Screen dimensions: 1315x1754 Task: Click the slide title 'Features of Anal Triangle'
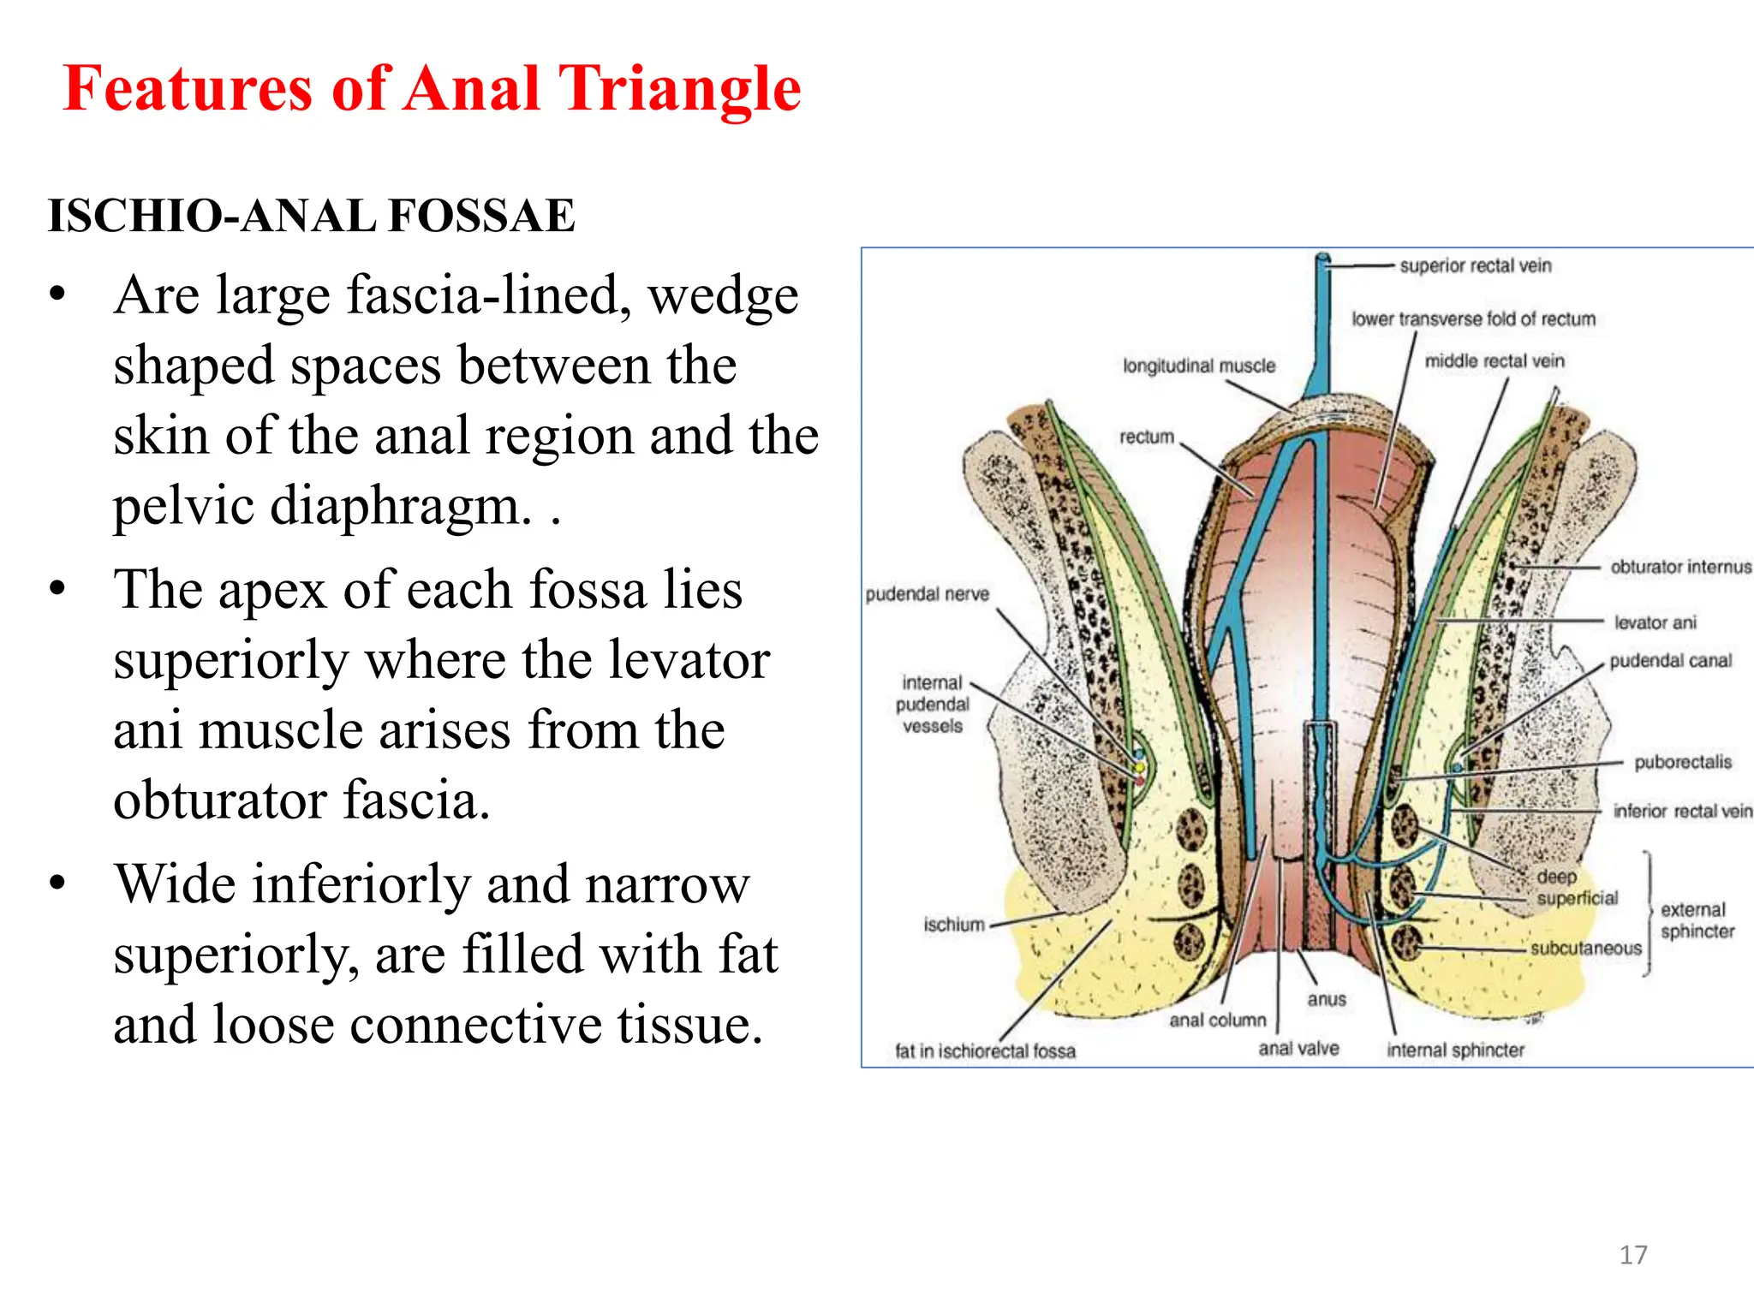click(x=432, y=89)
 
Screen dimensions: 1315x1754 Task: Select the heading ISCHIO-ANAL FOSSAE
click(x=312, y=215)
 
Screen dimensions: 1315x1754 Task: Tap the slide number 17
click(x=1633, y=1255)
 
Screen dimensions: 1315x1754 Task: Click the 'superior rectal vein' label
click(x=1475, y=266)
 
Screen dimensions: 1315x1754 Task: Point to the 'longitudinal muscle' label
click(x=1199, y=366)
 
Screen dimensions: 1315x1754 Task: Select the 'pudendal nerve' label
click(x=927, y=594)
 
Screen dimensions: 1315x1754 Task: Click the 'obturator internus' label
click(x=1680, y=567)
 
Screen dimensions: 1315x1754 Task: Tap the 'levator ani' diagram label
click(x=1655, y=622)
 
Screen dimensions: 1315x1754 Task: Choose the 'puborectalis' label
click(x=1682, y=762)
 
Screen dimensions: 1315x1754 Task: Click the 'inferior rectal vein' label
click(x=1682, y=811)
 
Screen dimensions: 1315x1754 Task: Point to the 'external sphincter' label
click(x=1697, y=920)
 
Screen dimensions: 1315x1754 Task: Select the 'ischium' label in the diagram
click(x=954, y=925)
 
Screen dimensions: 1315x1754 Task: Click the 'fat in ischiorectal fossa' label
click(x=985, y=1051)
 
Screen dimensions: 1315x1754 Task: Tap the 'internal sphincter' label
click(x=1455, y=1050)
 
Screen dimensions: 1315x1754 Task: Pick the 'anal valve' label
click(x=1298, y=1049)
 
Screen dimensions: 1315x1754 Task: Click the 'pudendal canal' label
click(x=1670, y=661)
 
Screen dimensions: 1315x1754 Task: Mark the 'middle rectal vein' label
click(x=1494, y=361)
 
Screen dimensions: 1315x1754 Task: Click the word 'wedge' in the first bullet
click(x=723, y=296)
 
